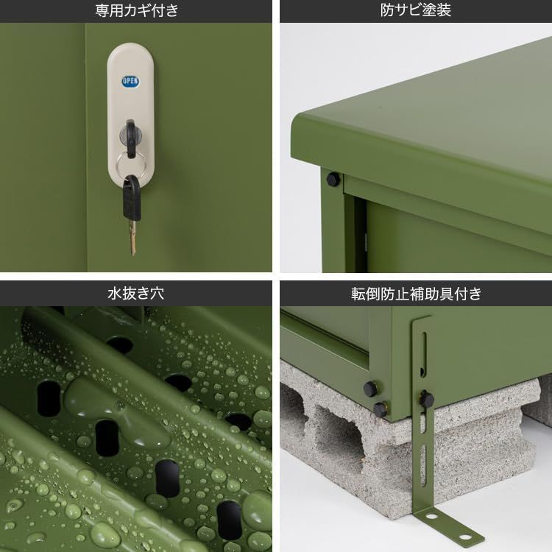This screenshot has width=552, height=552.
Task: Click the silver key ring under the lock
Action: coord(130,163)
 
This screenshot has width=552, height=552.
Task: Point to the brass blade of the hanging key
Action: coord(132,236)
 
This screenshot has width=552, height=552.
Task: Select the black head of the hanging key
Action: coord(132,197)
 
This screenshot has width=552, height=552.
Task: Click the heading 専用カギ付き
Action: coord(136,10)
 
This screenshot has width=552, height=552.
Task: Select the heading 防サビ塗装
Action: coord(416,10)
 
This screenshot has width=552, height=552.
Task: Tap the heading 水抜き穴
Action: coord(136,294)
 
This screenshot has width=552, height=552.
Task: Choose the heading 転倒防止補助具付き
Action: coord(416,294)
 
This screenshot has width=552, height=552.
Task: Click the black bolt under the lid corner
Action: coord(333,179)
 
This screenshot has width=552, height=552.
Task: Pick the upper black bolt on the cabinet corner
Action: coord(370,388)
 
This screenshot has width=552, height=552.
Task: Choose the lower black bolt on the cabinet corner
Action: coord(380,409)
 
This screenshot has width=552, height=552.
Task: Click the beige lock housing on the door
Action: coord(132,110)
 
